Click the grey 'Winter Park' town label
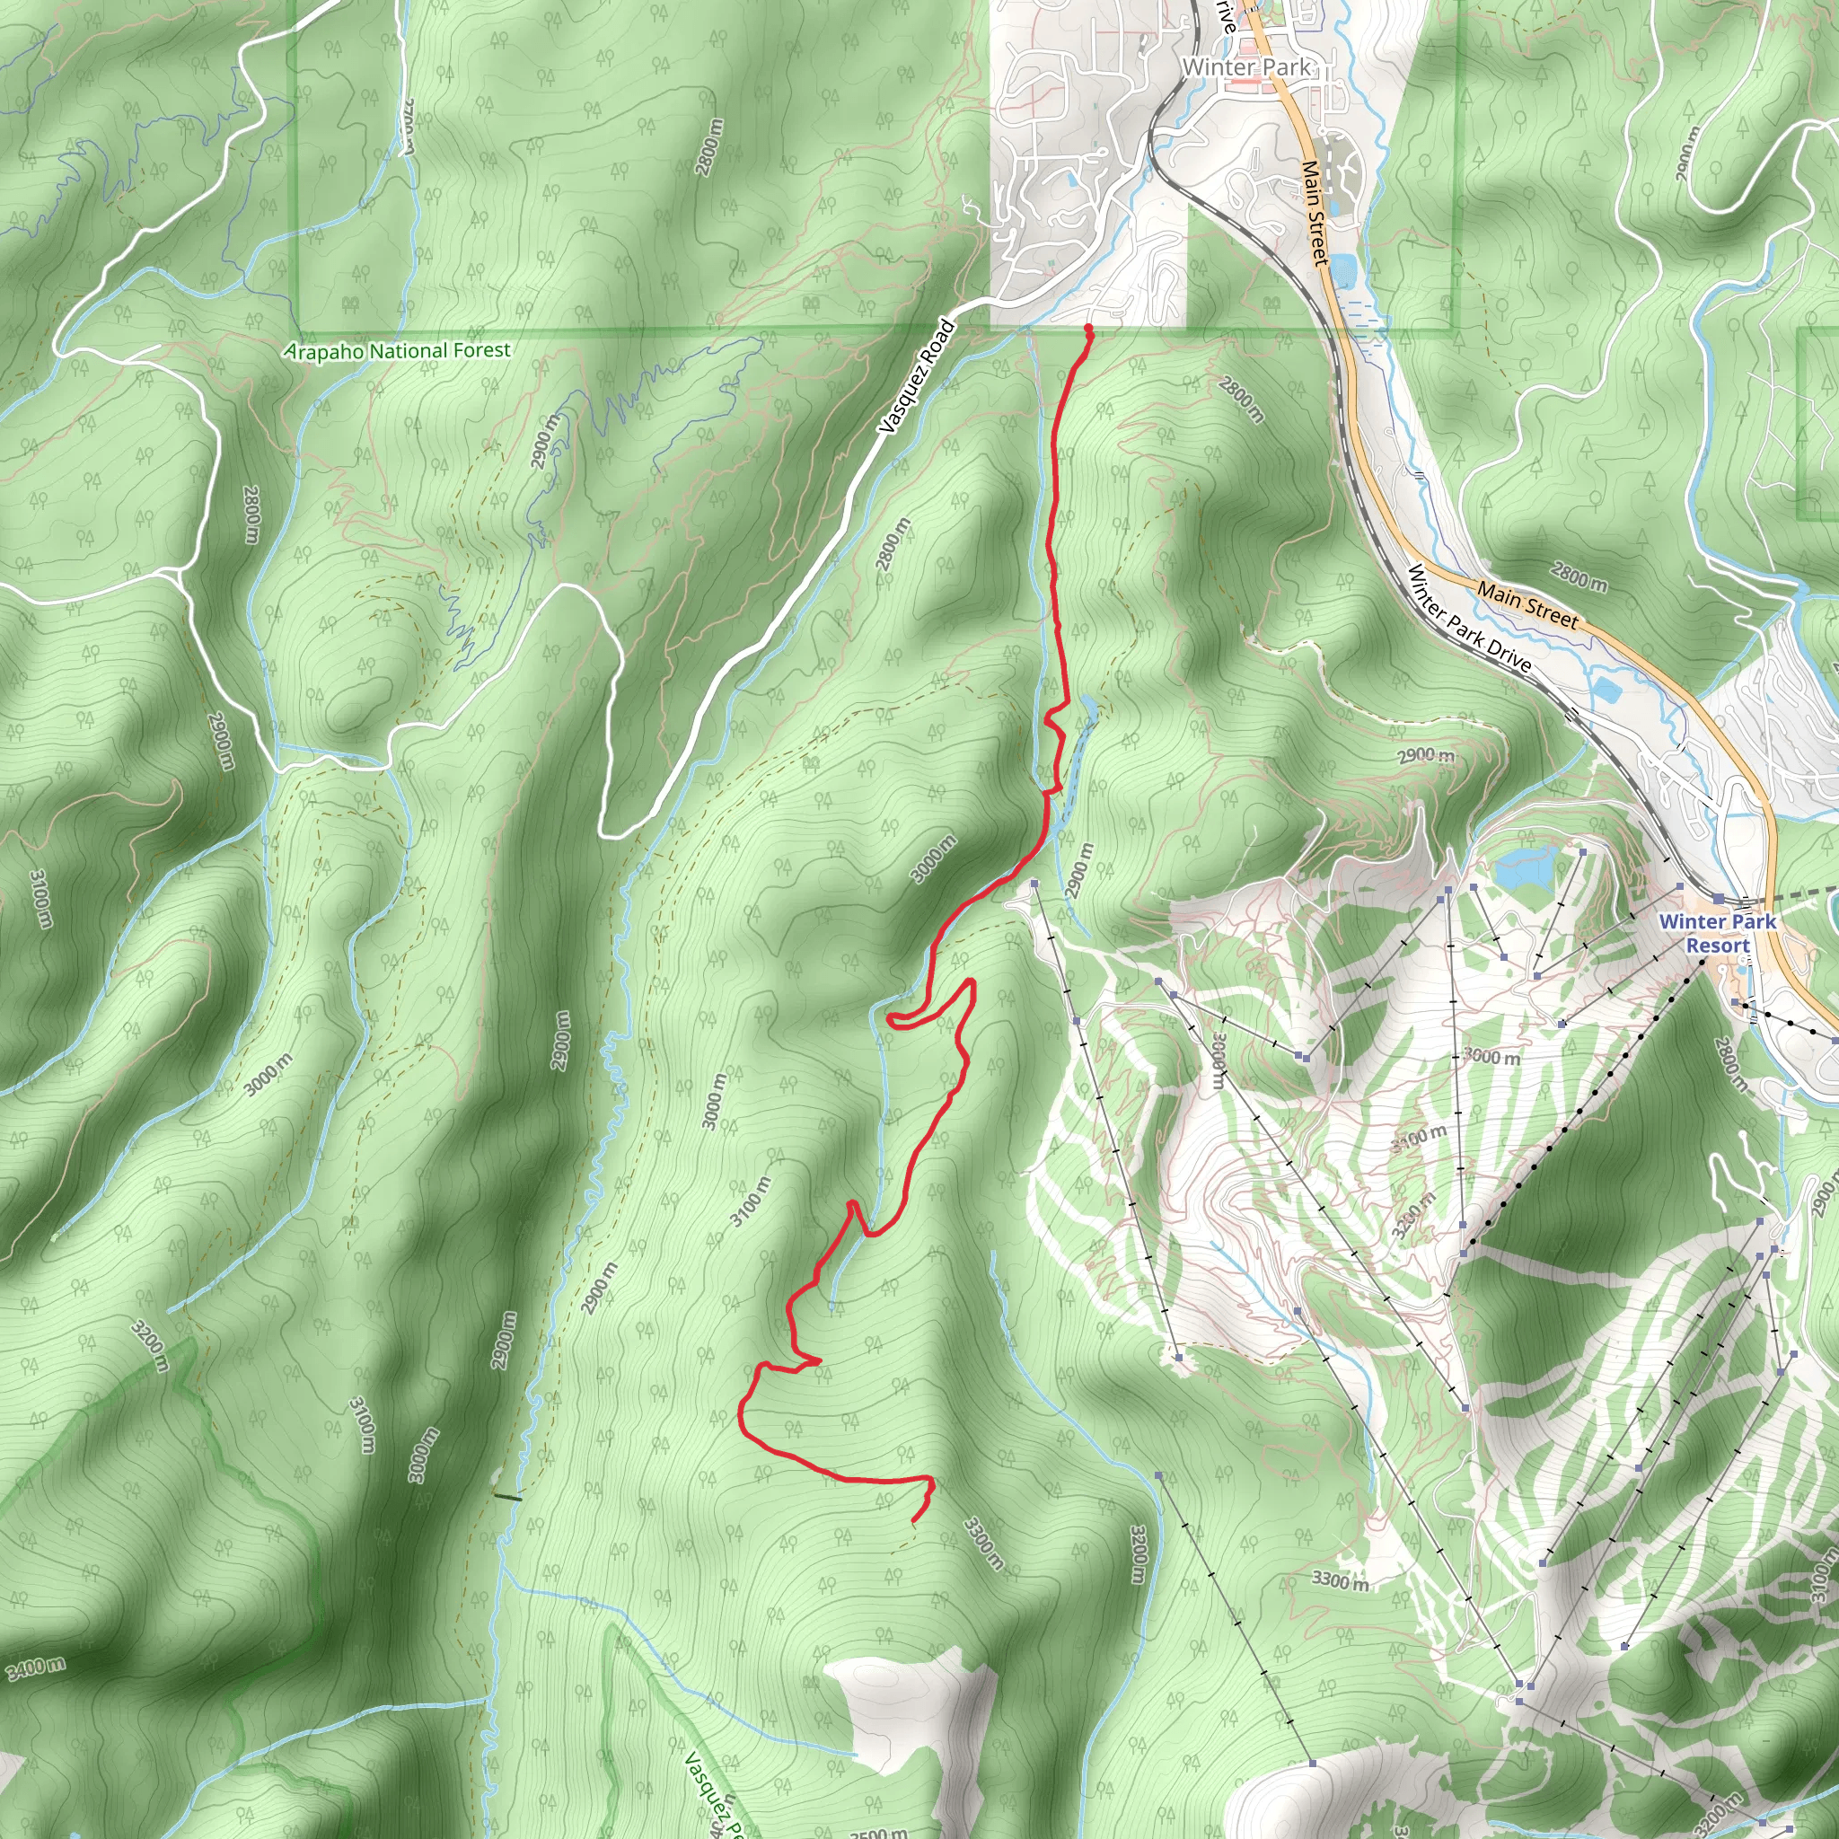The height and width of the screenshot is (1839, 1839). [1246, 66]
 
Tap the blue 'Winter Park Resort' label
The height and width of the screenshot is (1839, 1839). [1717, 933]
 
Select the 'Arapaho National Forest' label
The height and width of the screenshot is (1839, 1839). [398, 351]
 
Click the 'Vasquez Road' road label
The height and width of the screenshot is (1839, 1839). [916, 378]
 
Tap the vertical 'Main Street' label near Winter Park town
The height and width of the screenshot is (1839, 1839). [1315, 211]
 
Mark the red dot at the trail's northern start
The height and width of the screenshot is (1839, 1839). [1088, 329]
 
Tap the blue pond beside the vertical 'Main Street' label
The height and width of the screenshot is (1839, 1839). [1344, 270]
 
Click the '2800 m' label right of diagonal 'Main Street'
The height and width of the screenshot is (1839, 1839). [1579, 576]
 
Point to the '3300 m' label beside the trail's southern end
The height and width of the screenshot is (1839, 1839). [983, 1544]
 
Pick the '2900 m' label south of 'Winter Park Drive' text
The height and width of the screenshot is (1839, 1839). [1426, 755]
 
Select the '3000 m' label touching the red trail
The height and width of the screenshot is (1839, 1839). [933, 858]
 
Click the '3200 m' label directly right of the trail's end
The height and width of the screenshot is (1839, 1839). [1139, 1554]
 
